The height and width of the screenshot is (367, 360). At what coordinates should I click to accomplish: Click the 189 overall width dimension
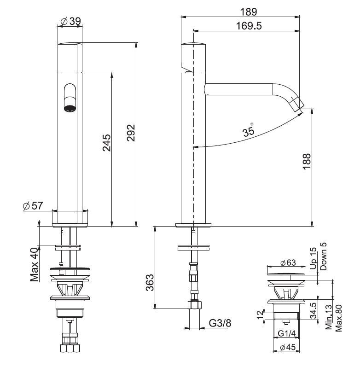pos(248,12)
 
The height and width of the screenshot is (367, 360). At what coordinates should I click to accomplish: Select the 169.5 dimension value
pos(249,26)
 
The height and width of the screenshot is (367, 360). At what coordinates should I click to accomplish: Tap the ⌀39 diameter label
pos(71,21)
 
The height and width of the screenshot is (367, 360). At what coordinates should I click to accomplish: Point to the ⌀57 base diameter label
pos(33,206)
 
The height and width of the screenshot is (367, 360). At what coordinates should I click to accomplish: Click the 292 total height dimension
pos(131,133)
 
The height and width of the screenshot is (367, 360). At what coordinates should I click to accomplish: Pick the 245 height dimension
pos(106,143)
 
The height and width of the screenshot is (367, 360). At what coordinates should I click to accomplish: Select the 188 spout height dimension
pos(307,162)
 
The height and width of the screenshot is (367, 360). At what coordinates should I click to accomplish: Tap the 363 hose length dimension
pos(150,283)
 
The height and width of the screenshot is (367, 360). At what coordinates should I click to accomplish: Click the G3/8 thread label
pos(220,323)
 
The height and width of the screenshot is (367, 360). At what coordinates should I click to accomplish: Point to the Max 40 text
pos(34,264)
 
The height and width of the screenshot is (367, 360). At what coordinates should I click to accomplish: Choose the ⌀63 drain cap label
pos(288,262)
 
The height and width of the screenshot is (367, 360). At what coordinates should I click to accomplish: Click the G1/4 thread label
pos(287,333)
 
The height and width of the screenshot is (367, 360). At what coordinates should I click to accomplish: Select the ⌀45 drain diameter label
pos(288,347)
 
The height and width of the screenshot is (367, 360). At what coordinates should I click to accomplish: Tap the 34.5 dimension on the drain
pos(314,311)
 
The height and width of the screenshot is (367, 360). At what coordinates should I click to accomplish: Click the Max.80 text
pos(338,318)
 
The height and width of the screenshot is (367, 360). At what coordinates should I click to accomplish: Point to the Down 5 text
pos(323,256)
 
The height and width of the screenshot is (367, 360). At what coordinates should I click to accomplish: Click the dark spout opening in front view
pos(70,109)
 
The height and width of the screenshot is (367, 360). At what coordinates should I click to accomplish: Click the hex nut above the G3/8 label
pos(195,305)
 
